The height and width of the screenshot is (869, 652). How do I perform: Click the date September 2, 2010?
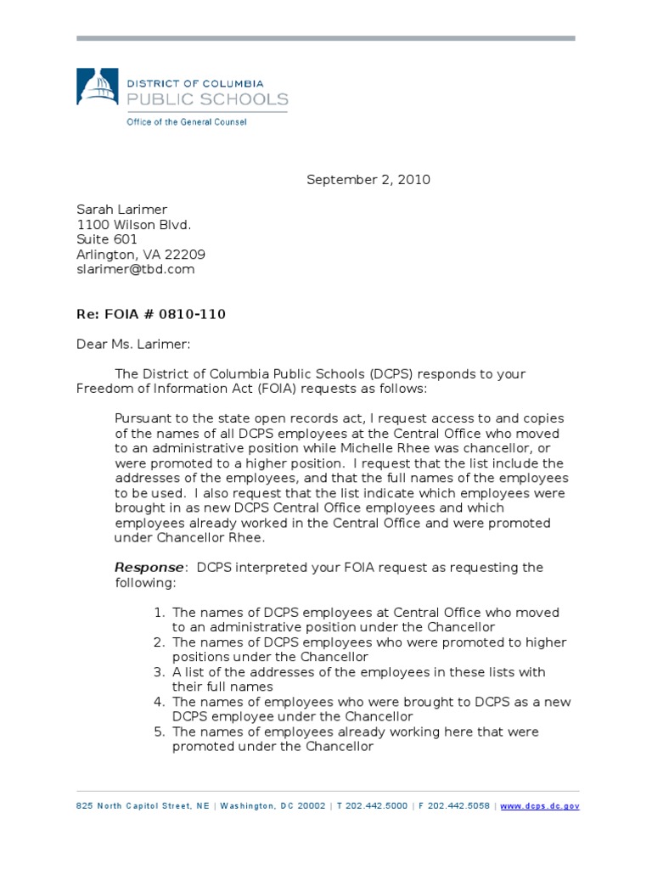tap(368, 179)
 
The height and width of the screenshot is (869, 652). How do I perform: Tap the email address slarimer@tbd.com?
tap(136, 270)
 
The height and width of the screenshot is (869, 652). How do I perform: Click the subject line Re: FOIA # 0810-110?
tap(151, 315)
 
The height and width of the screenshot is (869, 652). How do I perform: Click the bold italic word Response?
tap(149, 568)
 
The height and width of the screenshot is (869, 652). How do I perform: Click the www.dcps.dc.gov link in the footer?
tap(540, 806)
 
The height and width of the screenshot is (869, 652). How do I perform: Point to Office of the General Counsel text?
tap(187, 122)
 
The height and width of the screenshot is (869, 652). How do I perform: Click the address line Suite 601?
tap(107, 239)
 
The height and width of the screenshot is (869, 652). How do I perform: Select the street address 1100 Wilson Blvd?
tap(134, 224)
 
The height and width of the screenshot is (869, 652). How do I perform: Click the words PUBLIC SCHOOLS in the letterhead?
tap(207, 100)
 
